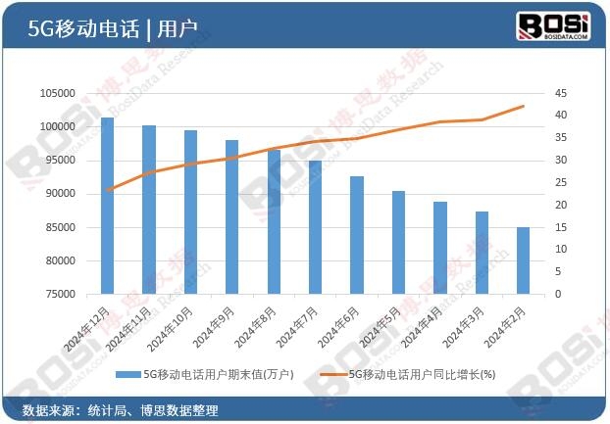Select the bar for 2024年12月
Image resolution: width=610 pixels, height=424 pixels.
[x=107, y=206]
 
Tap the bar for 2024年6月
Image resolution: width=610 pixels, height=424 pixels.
[x=357, y=235]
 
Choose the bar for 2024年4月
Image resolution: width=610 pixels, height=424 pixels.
[x=440, y=248]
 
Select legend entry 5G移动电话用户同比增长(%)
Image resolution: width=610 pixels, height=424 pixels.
[x=422, y=374]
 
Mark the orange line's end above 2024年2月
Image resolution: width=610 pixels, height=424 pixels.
[x=524, y=106]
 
